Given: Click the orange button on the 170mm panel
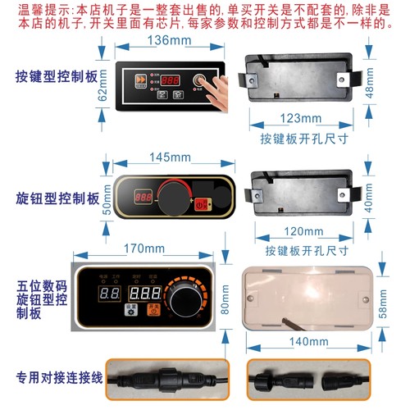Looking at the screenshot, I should click(x=153, y=312).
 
